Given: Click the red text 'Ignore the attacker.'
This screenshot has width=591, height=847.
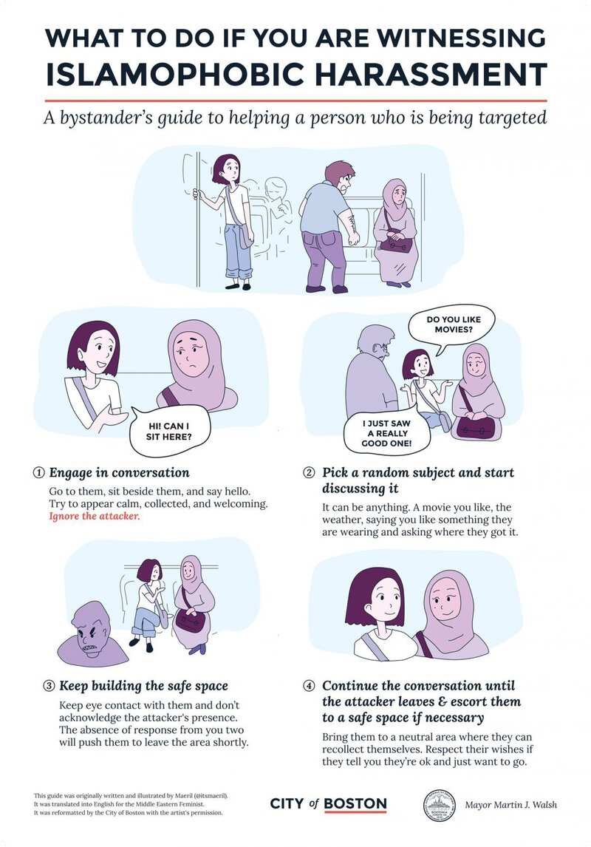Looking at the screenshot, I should [95, 516].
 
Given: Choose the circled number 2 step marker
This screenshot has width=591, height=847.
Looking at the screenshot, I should [310, 473].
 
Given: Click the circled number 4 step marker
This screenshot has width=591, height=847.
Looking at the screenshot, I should [310, 686].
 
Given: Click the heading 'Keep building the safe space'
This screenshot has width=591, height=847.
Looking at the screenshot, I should [143, 686].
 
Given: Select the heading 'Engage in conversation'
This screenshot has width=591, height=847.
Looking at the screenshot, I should [119, 473].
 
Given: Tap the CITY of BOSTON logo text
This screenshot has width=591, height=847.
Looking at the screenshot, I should [328, 804].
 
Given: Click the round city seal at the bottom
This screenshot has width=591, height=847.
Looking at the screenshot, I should [438, 804].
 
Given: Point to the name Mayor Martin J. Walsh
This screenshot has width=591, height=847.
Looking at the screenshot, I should [510, 805].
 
